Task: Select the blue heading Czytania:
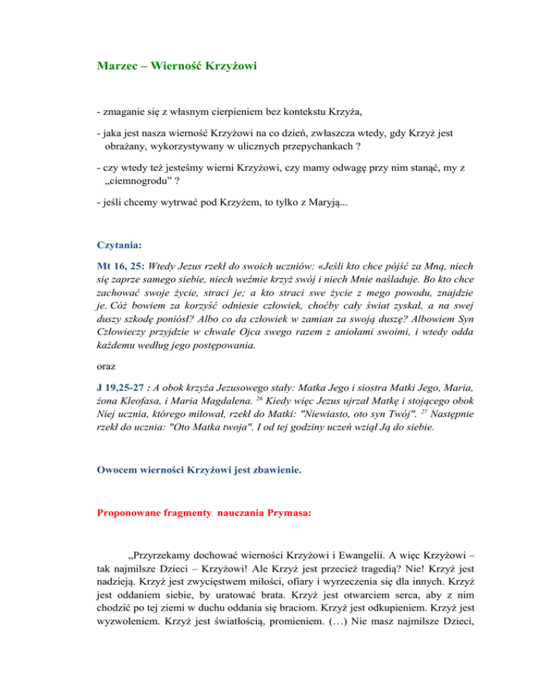(x=119, y=246)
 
